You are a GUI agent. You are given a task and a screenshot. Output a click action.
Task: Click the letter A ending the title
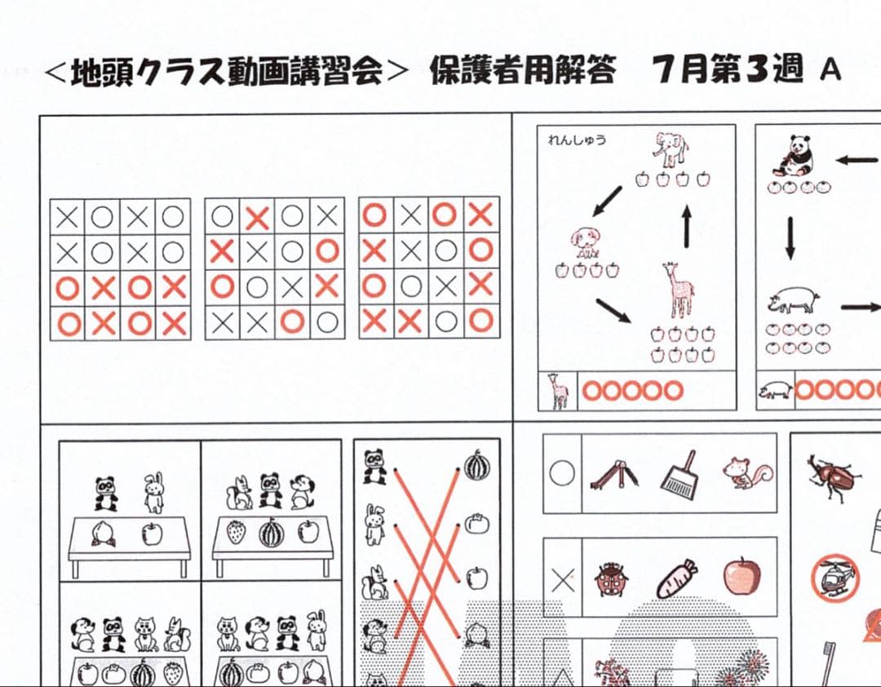tap(830, 71)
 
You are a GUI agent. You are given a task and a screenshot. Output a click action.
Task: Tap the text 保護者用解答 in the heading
tap(522, 71)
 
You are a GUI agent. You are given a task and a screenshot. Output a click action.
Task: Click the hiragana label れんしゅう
tap(577, 140)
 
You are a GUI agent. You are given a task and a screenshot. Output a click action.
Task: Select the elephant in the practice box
tap(670, 151)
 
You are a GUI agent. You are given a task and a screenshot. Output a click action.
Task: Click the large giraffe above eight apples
tap(678, 290)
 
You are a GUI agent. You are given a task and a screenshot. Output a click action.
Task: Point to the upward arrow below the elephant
tap(687, 225)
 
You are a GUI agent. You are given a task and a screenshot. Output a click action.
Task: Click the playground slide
tap(613, 472)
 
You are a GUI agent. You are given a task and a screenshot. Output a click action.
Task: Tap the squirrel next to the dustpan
tap(746, 472)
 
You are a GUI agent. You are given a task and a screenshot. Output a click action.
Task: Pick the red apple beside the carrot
tap(742, 576)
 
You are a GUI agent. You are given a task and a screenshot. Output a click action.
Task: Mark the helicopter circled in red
tap(835, 577)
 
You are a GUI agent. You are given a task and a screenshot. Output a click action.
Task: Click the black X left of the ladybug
tap(563, 580)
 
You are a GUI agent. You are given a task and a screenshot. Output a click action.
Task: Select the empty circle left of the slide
tap(563, 473)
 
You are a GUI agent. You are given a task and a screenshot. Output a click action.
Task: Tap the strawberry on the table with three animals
tap(236, 533)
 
